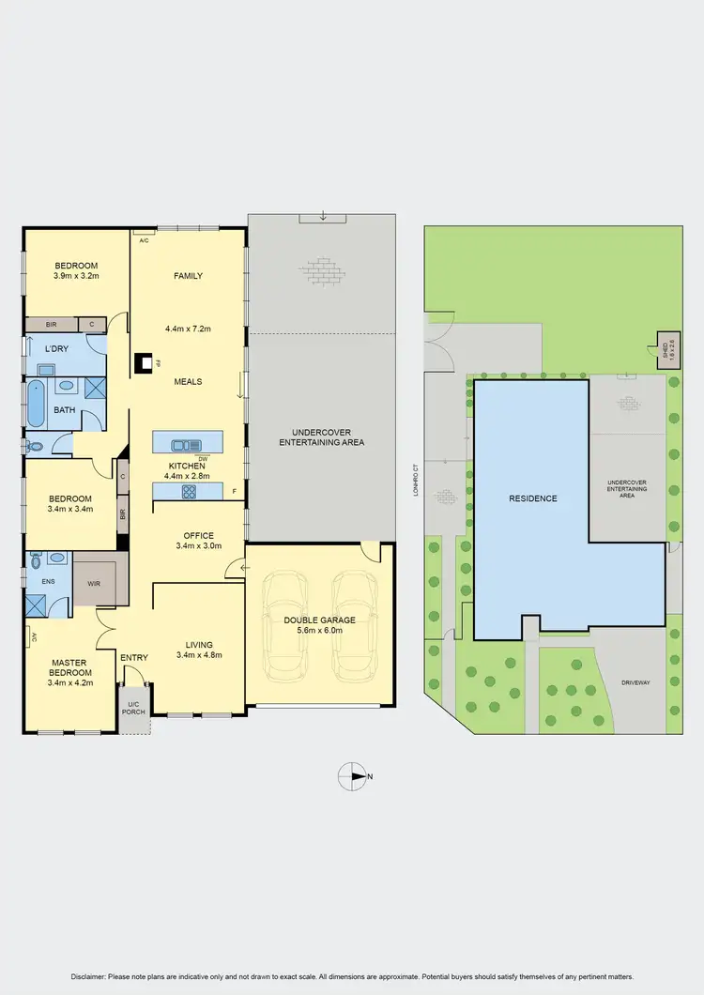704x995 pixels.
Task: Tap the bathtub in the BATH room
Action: (36, 403)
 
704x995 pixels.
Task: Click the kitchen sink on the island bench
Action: (186, 445)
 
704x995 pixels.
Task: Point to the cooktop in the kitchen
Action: (188, 490)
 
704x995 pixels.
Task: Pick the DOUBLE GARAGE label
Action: (319, 620)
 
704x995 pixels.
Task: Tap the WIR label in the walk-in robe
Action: (95, 584)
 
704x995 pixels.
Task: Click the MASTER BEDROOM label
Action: (69, 668)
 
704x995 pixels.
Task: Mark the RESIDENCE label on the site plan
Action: (533, 498)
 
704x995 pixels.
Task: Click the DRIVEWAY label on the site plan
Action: (635, 682)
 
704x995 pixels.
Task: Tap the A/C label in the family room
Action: (144, 241)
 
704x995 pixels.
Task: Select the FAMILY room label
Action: (188, 276)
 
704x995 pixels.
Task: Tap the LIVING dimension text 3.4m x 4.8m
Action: (199, 654)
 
